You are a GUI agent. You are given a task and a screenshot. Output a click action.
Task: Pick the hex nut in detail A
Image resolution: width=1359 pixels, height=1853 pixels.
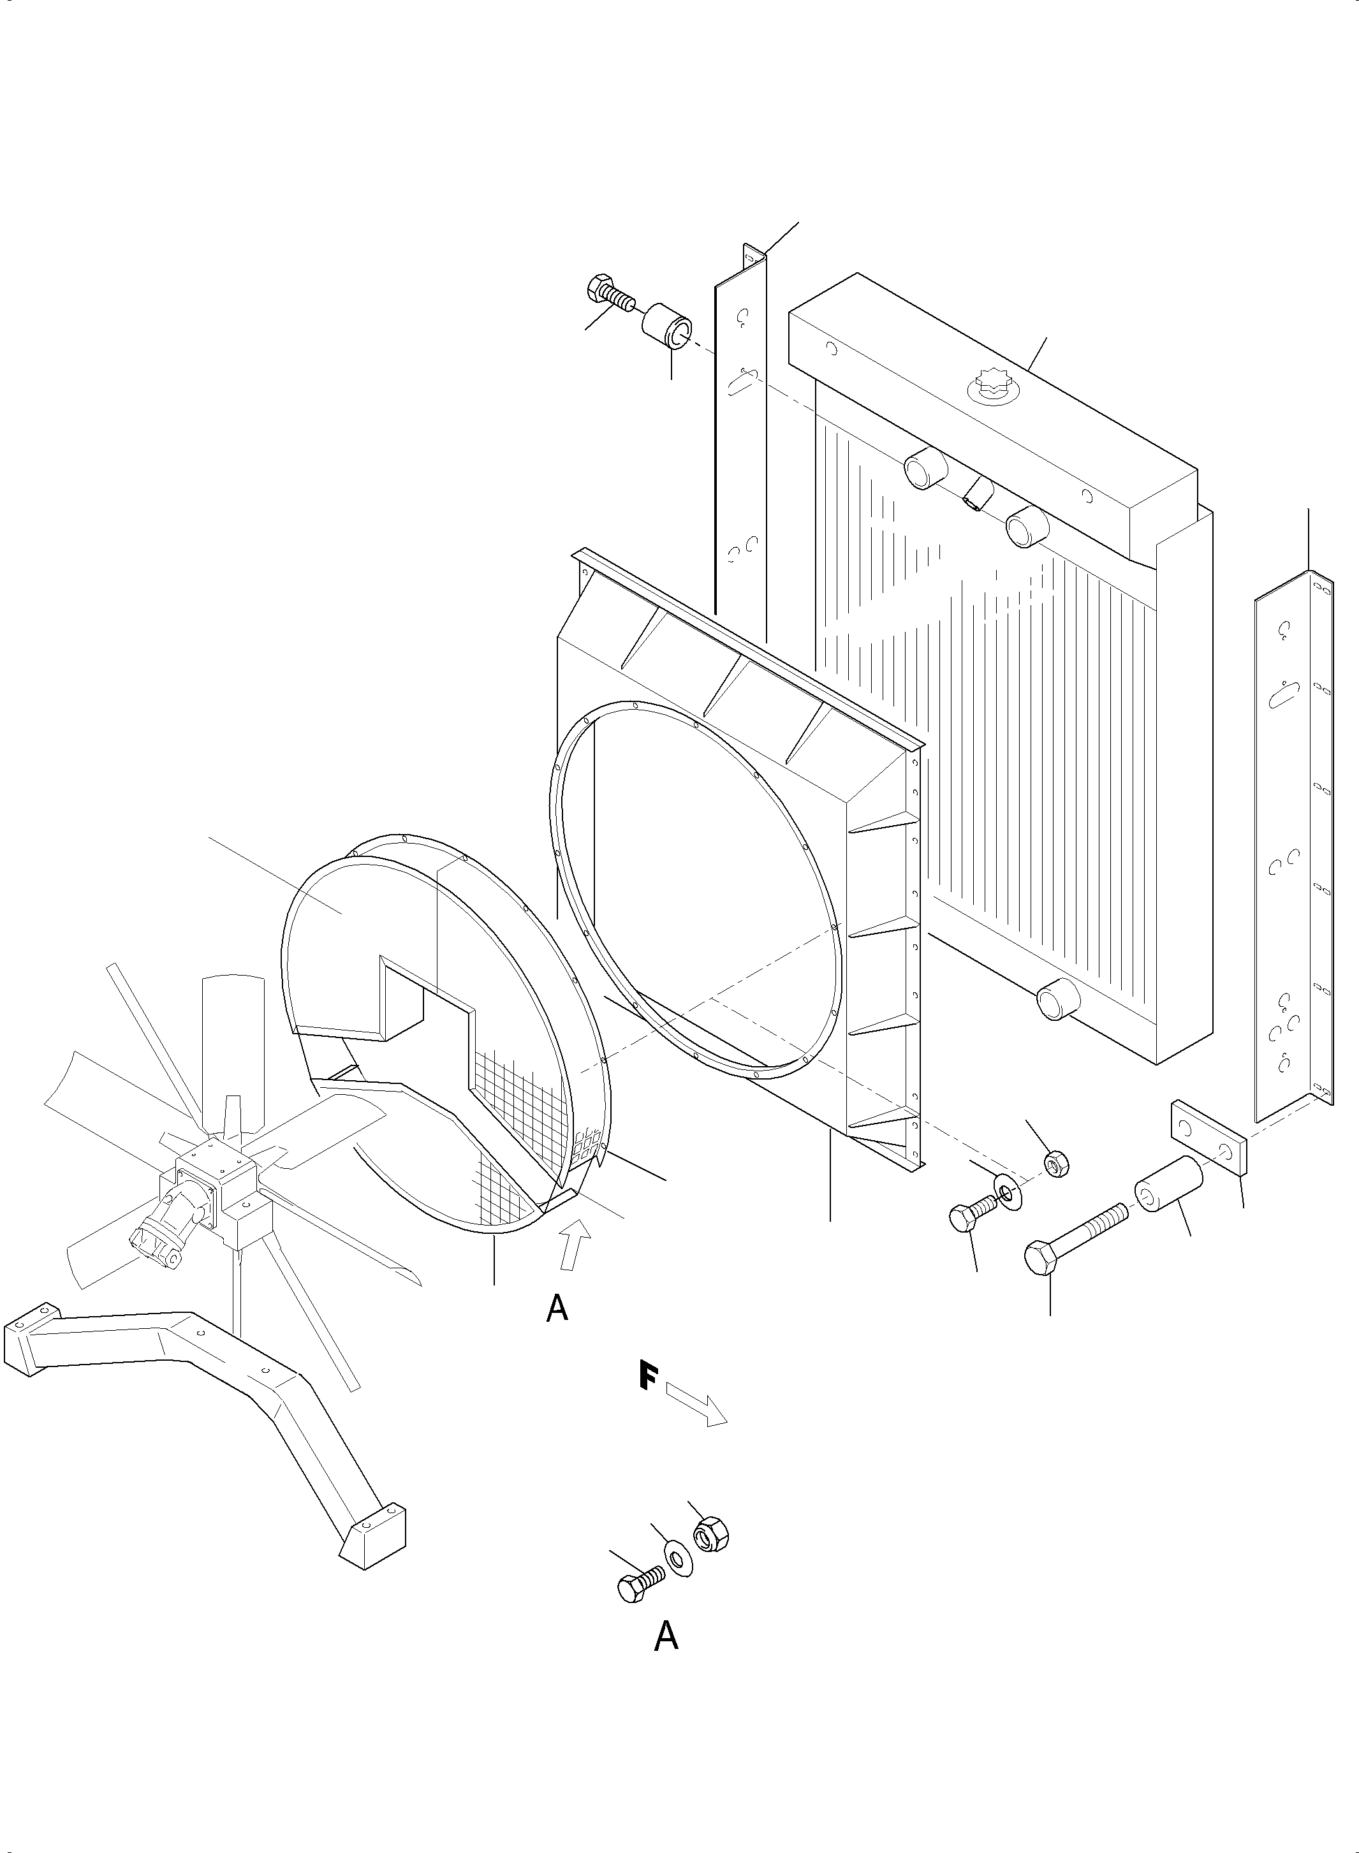point(711,1535)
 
